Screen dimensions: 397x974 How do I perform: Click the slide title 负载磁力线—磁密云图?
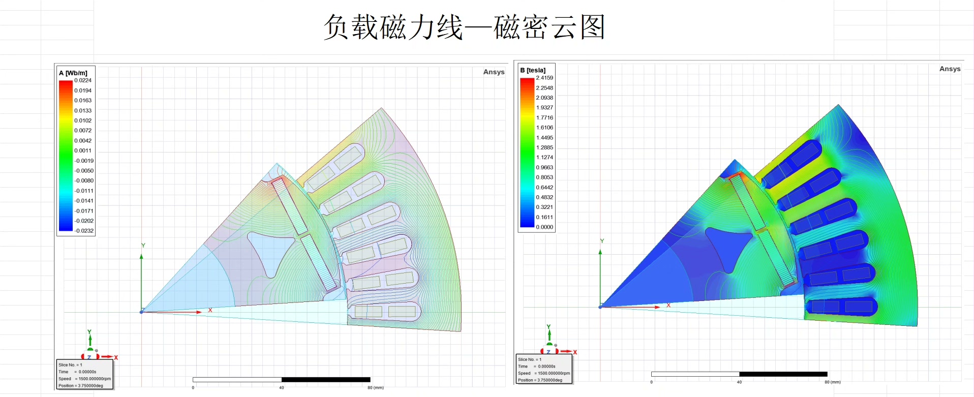coord(464,27)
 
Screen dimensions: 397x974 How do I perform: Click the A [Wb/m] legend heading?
coord(73,73)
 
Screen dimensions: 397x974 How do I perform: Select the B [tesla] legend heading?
coord(533,70)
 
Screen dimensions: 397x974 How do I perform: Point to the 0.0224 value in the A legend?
coord(83,80)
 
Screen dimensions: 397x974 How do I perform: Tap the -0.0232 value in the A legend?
coord(84,231)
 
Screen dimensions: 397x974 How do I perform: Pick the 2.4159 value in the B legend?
coord(544,78)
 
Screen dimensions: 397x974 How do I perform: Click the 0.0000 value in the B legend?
coord(544,227)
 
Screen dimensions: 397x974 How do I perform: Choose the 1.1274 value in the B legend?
coord(544,158)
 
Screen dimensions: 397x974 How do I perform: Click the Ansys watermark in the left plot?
coord(494,72)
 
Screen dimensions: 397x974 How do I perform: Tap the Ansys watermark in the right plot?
coord(950,69)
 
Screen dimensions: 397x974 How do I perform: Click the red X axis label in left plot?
coord(210,310)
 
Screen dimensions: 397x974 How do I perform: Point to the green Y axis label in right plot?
coord(602,241)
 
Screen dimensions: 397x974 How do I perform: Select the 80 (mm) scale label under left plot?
coord(376,387)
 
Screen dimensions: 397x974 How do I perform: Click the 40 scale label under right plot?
coord(739,382)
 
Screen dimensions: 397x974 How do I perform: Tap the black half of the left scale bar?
coord(326,380)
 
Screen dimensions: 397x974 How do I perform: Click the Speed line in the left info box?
coord(84,379)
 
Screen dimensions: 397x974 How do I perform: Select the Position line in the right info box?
coord(540,380)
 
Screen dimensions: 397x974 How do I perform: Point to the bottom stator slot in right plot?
coord(841,306)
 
